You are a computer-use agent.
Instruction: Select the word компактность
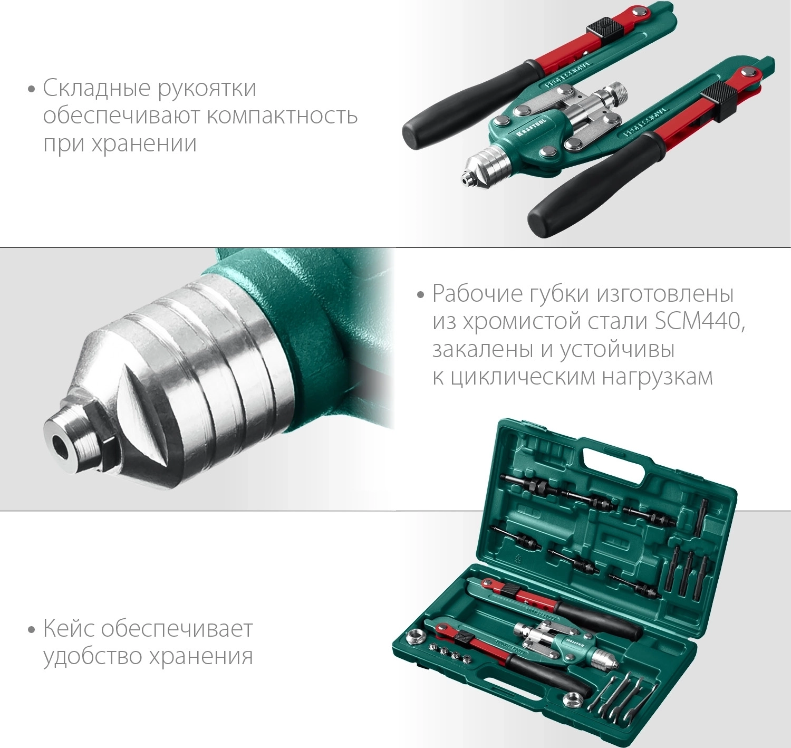(283, 116)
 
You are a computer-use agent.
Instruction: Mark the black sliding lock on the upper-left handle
(599, 30)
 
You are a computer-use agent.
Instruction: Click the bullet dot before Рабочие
(421, 295)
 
